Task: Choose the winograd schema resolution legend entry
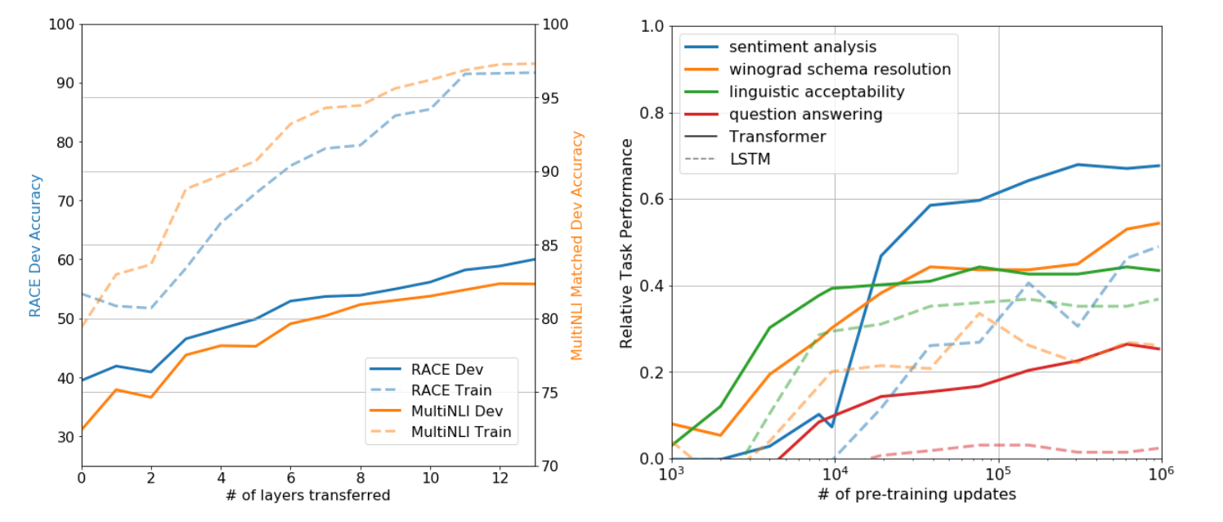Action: click(x=840, y=70)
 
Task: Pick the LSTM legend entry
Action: click(x=750, y=159)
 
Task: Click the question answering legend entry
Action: click(x=805, y=115)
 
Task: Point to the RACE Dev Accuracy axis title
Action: click(x=35, y=245)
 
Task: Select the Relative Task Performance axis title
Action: click(x=627, y=243)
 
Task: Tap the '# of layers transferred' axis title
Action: click(x=307, y=495)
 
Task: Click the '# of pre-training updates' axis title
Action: click(x=916, y=495)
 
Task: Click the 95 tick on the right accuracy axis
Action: click(x=550, y=98)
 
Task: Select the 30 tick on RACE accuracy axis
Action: click(x=65, y=437)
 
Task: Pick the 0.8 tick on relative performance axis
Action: click(x=652, y=113)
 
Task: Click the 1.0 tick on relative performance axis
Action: click(x=652, y=26)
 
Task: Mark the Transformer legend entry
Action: click(x=777, y=137)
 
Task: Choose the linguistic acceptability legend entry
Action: click(x=817, y=92)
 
